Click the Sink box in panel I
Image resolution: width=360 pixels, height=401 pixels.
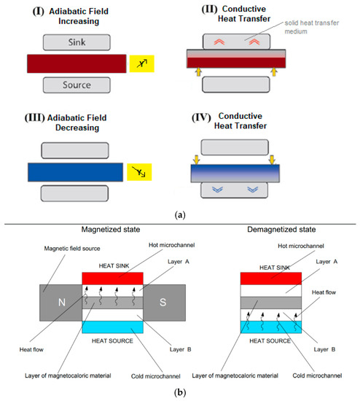(x=76, y=43)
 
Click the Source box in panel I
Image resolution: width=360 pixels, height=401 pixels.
(x=76, y=85)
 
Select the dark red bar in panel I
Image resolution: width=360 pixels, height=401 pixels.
(x=76, y=64)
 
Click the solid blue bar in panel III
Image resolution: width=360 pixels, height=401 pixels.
(x=76, y=173)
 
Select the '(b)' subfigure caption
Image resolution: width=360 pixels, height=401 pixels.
(x=179, y=391)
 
